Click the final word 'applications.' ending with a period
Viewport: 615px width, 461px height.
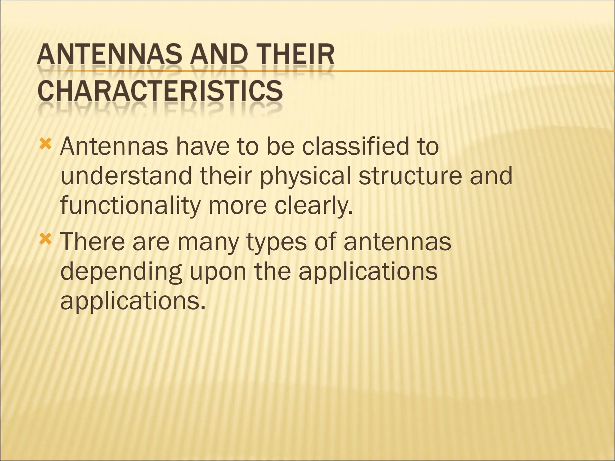click(133, 302)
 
